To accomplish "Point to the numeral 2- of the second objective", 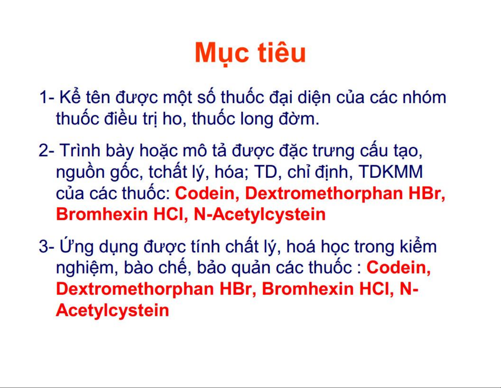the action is click(46, 150).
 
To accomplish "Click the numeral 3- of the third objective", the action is click(46, 246).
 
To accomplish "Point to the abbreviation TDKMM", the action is click(391, 172).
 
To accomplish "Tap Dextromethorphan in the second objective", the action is click(324, 194).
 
